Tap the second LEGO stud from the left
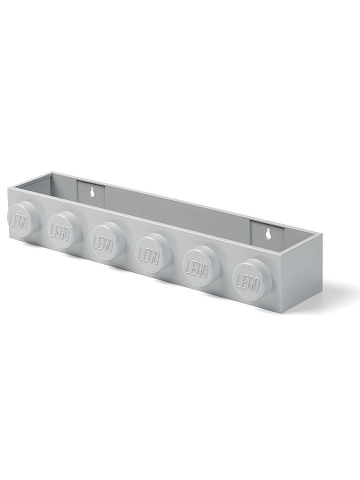(64, 228)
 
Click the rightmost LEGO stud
(251, 277)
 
